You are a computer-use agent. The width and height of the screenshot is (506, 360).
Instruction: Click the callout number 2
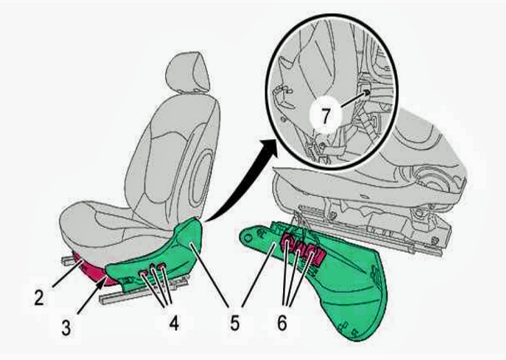coord(39,298)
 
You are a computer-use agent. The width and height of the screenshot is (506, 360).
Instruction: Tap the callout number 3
coord(66,328)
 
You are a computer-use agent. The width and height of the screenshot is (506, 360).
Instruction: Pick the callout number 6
coord(282,322)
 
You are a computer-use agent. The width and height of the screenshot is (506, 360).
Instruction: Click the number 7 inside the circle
coord(326,115)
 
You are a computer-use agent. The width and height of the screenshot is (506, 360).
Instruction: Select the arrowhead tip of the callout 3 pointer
coord(107,275)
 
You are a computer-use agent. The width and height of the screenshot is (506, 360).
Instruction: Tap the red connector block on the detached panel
coord(302,248)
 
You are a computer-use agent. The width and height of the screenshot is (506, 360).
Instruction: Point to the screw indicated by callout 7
coord(367,92)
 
